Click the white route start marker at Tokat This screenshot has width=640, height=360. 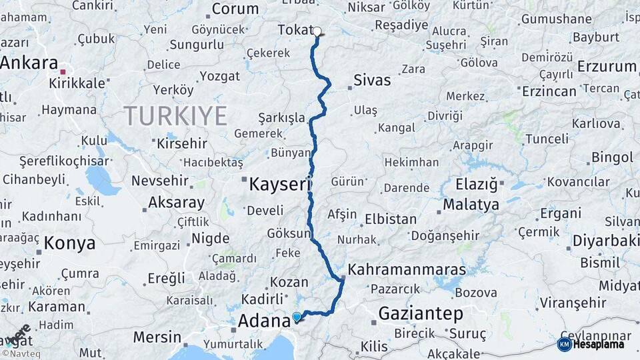[x=317, y=31]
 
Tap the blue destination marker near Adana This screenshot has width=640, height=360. [x=297, y=317]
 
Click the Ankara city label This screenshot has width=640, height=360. [x=29, y=63]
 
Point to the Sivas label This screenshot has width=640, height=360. [x=372, y=81]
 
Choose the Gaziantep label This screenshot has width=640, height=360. [x=421, y=313]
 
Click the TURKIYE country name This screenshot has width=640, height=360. [x=175, y=116]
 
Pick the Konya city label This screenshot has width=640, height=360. [x=69, y=243]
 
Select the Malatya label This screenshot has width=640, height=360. [x=470, y=205]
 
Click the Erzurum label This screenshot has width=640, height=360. [x=607, y=67]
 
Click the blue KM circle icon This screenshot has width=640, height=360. [x=564, y=345]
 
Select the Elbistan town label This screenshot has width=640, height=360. [x=390, y=219]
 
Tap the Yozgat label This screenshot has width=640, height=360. [x=219, y=77]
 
